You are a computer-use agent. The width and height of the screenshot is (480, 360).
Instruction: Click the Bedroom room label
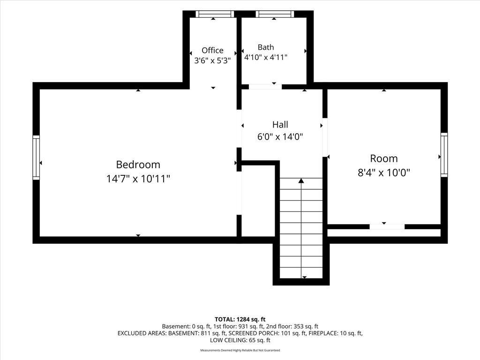(x=138, y=165)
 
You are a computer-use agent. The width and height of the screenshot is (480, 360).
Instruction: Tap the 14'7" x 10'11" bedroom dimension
(x=138, y=179)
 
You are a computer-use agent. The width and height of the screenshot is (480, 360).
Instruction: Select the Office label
(x=212, y=50)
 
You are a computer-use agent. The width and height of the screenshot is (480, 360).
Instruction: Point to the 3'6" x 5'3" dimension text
(x=212, y=60)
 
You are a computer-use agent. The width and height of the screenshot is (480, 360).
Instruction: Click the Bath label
(x=266, y=47)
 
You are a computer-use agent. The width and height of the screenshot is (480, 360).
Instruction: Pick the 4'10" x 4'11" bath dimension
(x=266, y=57)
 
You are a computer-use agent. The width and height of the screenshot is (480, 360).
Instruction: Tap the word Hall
(x=280, y=125)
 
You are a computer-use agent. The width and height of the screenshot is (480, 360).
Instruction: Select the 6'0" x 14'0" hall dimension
(x=280, y=136)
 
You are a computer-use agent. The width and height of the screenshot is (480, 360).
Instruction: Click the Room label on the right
(x=384, y=158)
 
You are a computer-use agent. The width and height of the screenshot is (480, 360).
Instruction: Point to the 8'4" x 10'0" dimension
(x=384, y=172)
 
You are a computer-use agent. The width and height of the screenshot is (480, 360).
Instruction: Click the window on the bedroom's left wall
(x=36, y=157)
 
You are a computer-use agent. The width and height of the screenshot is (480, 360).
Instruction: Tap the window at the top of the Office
(x=215, y=14)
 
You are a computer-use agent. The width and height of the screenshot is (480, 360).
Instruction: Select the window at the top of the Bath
(x=275, y=14)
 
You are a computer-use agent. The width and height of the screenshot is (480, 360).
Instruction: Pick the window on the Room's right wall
(x=444, y=155)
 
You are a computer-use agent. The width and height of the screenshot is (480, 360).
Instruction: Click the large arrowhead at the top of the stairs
(x=301, y=180)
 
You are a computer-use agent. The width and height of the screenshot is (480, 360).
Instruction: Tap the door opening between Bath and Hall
(x=265, y=87)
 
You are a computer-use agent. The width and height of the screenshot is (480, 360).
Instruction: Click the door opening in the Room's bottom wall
(x=387, y=227)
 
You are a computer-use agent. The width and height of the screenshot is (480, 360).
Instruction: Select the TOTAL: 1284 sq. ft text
(x=240, y=320)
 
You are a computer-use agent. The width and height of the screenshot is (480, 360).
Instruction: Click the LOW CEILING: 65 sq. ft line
(x=240, y=340)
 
